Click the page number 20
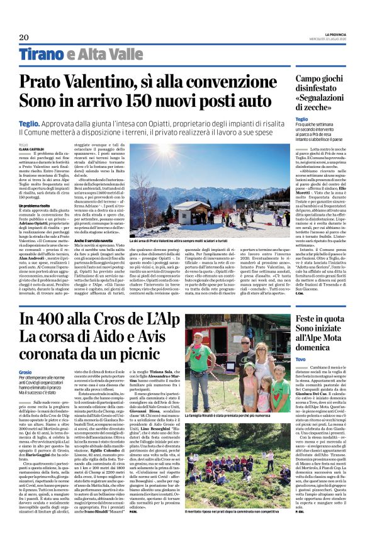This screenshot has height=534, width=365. pyautogui.click(x=24, y=38)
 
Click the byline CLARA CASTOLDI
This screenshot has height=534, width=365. pyautogui.click(x=30, y=148)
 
